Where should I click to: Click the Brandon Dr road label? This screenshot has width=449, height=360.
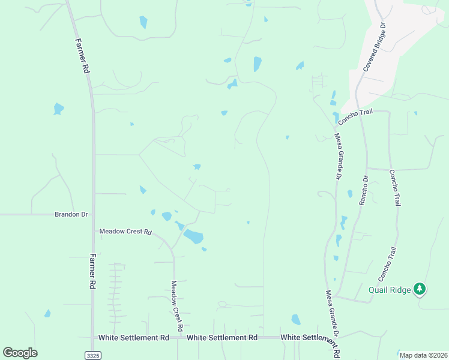tap(71, 214)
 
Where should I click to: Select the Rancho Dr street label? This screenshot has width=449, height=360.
tap(363, 190)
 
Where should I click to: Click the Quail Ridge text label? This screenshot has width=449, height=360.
tap(390, 290)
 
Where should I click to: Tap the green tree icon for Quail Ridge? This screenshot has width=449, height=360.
tap(420, 290)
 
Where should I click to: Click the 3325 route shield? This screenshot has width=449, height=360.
tap(92, 355)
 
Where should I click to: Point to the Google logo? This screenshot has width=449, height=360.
tap(20, 353)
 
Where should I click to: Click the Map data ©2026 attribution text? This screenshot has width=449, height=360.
tap(423, 355)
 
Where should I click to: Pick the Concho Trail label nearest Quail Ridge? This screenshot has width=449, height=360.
tap(387, 265)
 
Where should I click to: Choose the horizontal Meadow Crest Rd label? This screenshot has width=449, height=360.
tap(126, 231)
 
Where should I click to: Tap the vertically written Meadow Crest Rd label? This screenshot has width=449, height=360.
tap(176, 306)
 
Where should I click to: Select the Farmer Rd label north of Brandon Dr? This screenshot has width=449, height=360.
tap(82, 56)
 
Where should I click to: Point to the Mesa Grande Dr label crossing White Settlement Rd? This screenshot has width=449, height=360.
tap(333, 321)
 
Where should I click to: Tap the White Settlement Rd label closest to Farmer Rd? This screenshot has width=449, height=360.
tap(134, 338)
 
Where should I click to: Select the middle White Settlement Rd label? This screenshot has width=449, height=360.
tap(222, 338)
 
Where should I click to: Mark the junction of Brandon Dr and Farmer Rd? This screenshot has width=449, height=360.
tap(93, 214)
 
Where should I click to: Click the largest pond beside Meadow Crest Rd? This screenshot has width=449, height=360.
tap(193, 236)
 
